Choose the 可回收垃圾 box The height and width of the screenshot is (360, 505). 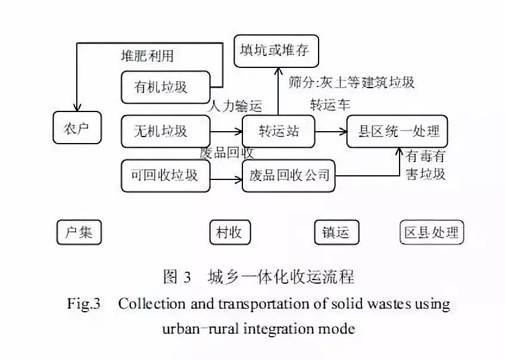tap(165, 176)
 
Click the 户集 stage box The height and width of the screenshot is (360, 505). tap(79, 232)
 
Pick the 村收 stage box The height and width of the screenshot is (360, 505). tap(230, 232)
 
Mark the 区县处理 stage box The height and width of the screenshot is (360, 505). tap(431, 232)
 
